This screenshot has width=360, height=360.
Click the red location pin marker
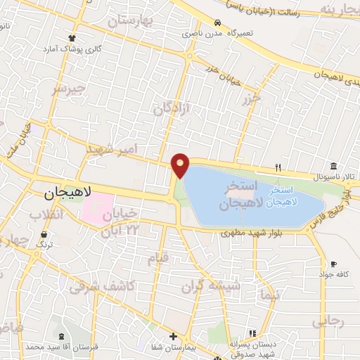[181, 165]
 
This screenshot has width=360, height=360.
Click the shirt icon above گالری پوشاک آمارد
[72, 38]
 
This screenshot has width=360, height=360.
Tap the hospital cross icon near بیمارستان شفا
[174, 337]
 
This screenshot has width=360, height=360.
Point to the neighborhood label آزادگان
[172, 108]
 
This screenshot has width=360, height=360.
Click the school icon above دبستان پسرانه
[251, 333]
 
